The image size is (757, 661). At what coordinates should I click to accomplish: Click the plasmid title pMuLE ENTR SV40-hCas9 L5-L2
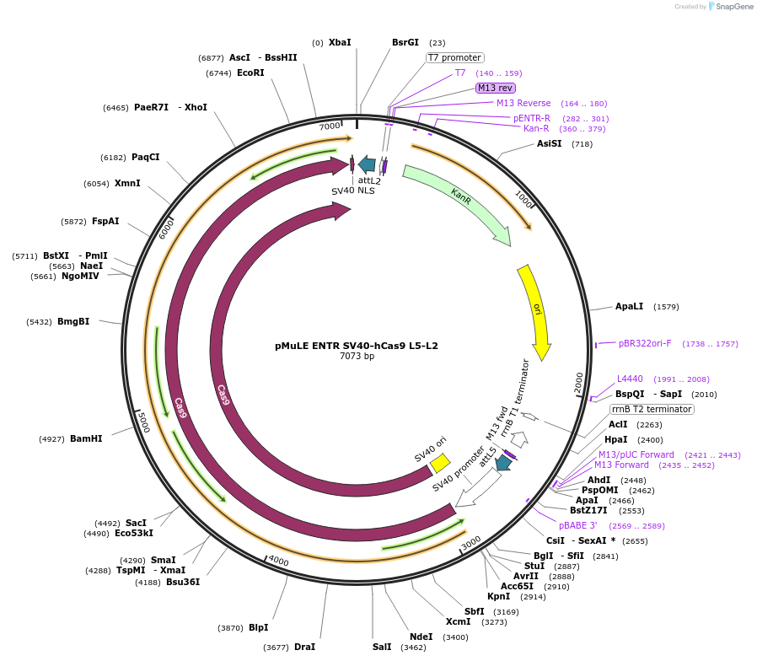tap(357, 346)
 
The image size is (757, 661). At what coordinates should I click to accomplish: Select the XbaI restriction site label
tap(340, 42)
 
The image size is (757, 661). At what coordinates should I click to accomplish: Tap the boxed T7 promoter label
tap(454, 58)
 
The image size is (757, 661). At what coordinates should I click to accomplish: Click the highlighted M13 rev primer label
tap(495, 88)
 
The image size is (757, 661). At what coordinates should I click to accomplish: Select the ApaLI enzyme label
tap(629, 306)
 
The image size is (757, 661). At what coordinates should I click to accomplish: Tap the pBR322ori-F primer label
tap(645, 343)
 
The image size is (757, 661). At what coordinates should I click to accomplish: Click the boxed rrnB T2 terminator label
tap(652, 409)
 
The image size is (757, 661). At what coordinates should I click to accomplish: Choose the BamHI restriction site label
tap(85, 438)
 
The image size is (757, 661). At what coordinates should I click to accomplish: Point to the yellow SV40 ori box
tap(440, 463)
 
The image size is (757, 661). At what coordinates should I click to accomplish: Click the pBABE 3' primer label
tap(577, 525)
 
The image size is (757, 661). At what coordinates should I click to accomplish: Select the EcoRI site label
tap(250, 73)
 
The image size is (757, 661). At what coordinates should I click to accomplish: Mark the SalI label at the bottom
tap(382, 647)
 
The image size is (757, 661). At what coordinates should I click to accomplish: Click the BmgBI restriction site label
tap(73, 321)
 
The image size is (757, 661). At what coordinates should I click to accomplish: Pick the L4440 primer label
tap(630, 379)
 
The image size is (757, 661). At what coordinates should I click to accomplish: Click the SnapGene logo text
tap(733, 7)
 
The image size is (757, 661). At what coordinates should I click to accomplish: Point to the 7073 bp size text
tap(357, 357)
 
